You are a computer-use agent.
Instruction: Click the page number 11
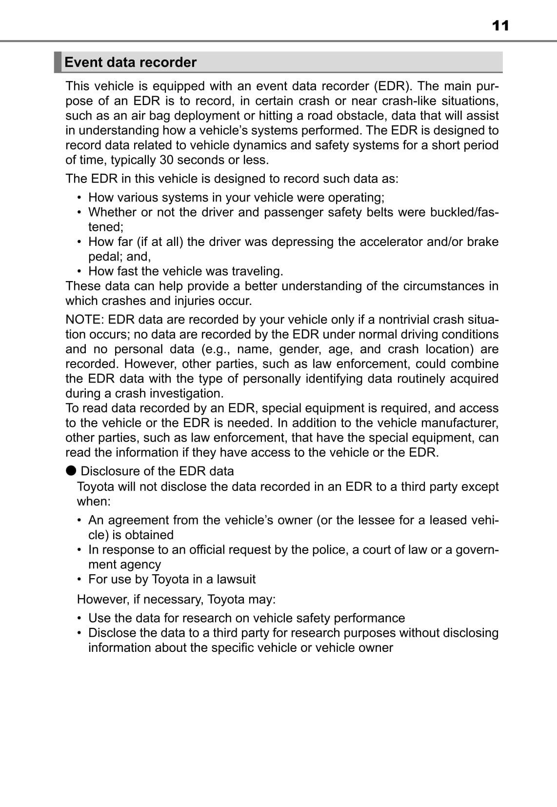tap(500, 25)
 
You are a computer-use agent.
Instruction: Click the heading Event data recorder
tap(130, 62)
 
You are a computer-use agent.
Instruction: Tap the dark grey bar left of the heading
tap(58, 62)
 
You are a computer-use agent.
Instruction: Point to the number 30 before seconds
tap(166, 160)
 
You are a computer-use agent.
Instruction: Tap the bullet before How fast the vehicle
tap(79, 271)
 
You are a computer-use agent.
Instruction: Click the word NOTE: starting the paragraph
tap(85, 320)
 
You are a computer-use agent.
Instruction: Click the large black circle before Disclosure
tap(71, 470)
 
